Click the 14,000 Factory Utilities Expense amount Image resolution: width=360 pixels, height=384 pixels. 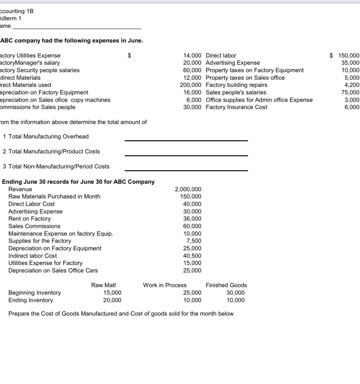pyautogui.click(x=192, y=56)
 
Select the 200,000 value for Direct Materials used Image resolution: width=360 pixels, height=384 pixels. pyautogui.click(x=191, y=85)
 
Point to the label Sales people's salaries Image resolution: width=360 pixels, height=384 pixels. pyautogui.click(x=236, y=92)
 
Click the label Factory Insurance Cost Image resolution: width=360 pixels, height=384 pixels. pyautogui.click(x=236, y=107)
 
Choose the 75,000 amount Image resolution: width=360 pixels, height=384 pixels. pyautogui.click(x=350, y=92)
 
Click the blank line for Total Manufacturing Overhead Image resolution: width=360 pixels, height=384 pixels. pyautogui.click(x=186, y=140)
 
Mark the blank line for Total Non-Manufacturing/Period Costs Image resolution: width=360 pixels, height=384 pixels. pyautogui.click(x=186, y=170)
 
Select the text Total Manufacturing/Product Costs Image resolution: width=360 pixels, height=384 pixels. pyautogui.click(x=54, y=152)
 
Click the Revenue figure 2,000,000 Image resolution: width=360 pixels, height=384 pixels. pyautogui.click(x=188, y=189)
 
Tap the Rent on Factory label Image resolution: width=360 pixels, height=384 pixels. pyautogui.click(x=29, y=219)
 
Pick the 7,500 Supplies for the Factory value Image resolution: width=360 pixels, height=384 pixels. pyautogui.click(x=194, y=241)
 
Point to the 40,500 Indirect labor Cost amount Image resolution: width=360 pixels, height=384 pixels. pyautogui.click(x=192, y=256)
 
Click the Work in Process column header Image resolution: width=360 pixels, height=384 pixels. pyautogui.click(x=165, y=285)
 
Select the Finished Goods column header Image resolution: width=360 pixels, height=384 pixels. pyautogui.click(x=226, y=285)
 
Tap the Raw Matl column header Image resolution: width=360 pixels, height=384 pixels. pyautogui.click(x=103, y=285)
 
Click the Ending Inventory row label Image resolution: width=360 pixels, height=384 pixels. pyautogui.click(x=31, y=300)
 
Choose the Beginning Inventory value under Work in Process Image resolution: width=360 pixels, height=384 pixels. pyautogui.click(x=192, y=293)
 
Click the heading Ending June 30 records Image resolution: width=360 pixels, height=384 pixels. pyautogui.click(x=78, y=182)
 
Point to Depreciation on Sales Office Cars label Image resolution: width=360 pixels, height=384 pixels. pyautogui.click(x=53, y=271)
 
